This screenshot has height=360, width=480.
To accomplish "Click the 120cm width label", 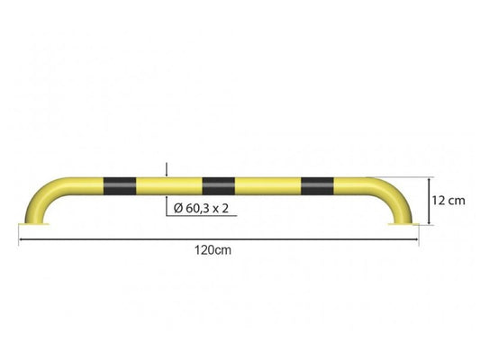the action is pos(213,250).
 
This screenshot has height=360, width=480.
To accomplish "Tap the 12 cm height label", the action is pos(448,201).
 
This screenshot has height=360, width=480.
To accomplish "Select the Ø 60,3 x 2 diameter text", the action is pos(201,209).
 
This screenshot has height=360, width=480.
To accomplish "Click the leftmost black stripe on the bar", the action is pos(120,186).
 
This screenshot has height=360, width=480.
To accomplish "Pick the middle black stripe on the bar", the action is pos(219,186).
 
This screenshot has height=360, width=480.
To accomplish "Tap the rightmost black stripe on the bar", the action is pos(318,186).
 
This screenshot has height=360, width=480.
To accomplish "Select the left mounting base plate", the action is pos(33,224).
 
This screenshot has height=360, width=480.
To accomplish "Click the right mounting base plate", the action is pos(403,224).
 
